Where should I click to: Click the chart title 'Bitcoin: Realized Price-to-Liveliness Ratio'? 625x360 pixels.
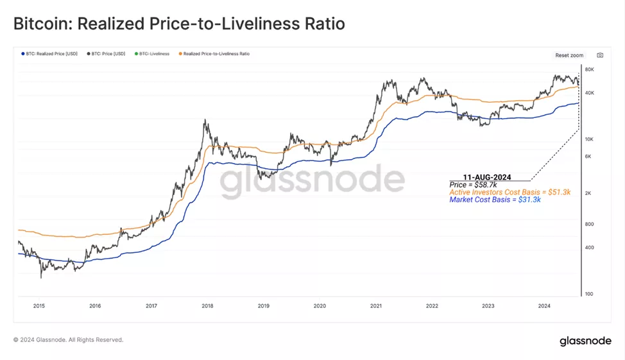[179, 24]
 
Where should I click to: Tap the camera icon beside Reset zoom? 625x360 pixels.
[600, 55]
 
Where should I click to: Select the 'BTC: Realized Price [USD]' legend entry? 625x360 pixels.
[50, 54]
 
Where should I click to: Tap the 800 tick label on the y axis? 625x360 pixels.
[589, 224]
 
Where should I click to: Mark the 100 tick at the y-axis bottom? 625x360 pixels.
[589, 294]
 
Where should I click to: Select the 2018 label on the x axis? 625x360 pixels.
[207, 307]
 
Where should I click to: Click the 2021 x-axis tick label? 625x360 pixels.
[376, 307]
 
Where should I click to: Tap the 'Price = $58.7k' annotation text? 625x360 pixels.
[474, 184]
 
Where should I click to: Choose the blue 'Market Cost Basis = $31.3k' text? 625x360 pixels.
[494, 200]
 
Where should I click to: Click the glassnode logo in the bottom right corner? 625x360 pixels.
[585, 341]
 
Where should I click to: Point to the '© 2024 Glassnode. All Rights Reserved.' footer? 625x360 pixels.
[68, 339]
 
